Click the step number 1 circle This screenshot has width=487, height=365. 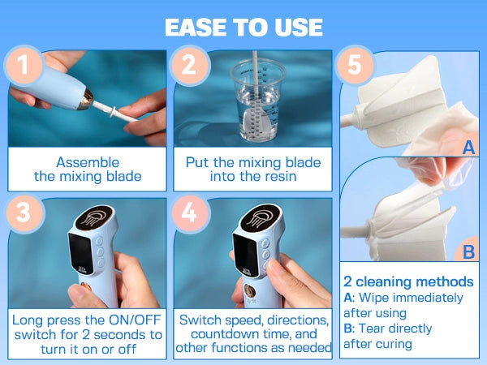point(24,65)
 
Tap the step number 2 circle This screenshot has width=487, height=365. point(189,65)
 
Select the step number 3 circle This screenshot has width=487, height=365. point(24,213)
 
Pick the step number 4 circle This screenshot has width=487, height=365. point(190,213)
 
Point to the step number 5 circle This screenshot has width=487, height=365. point(355,65)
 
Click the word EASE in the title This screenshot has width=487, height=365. point(196,28)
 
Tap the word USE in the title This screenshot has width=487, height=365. point(299,28)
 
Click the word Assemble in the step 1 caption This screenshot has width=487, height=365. point(88,163)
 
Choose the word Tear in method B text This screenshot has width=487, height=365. point(372,328)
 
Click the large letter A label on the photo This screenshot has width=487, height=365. point(468,147)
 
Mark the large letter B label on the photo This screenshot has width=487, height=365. point(468,251)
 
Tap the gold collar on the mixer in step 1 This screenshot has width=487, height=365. point(86,99)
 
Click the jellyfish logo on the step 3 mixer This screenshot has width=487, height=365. point(94,217)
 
